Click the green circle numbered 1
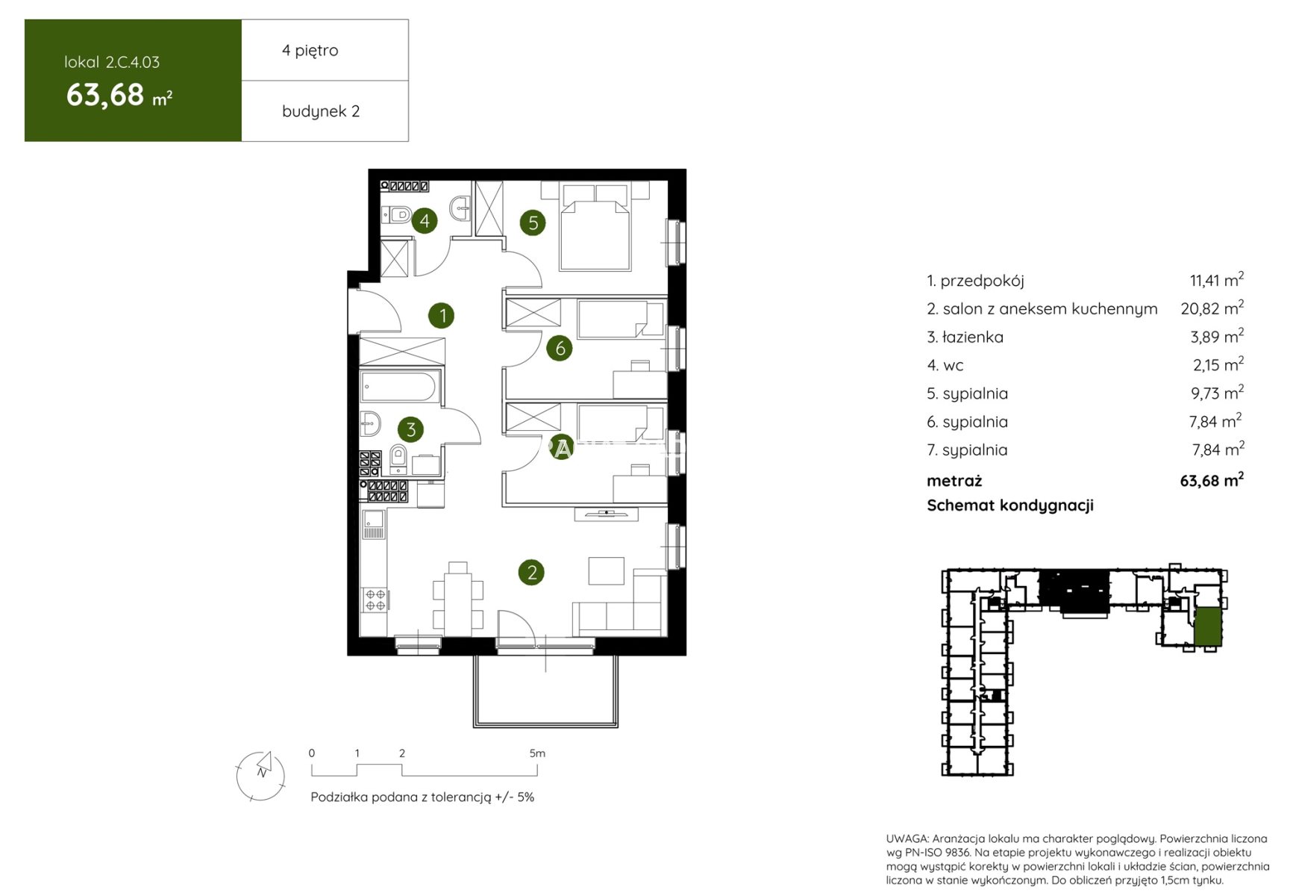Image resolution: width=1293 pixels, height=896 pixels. click(x=442, y=315)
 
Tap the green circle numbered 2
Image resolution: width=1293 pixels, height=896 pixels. click(x=531, y=573)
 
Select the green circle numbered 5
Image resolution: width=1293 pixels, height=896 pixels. click(x=533, y=223)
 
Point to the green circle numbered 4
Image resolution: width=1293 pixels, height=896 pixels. click(x=425, y=220)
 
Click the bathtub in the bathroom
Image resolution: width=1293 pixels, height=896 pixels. click(x=399, y=388)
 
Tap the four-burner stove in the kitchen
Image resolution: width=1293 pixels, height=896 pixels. click(x=375, y=600)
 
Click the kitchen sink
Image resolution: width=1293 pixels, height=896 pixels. click(x=374, y=523)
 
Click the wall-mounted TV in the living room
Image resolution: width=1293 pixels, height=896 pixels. click(x=606, y=514)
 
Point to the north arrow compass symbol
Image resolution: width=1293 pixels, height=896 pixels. click(x=260, y=776)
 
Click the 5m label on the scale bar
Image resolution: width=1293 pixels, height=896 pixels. click(x=537, y=753)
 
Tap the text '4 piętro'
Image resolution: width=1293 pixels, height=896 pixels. click(x=310, y=51)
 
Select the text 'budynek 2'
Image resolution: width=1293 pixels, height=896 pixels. click(x=321, y=111)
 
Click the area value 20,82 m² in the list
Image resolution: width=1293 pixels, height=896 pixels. click(x=1212, y=308)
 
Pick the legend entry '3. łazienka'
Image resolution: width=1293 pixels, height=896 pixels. click(x=965, y=337)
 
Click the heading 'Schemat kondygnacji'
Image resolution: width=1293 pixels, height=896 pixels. click(x=1010, y=505)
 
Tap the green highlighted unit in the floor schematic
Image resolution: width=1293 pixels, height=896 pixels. click(x=1208, y=626)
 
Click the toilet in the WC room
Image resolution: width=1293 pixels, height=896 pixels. click(x=397, y=215)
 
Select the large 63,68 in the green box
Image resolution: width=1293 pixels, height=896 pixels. click(x=105, y=96)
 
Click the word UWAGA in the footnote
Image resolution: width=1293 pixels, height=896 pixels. click(x=907, y=839)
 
